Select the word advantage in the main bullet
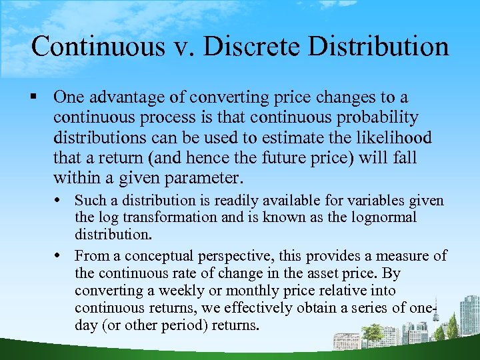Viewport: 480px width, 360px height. pyautogui.click(x=125, y=97)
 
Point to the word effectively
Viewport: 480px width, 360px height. pyautogui.click(x=262, y=308)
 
